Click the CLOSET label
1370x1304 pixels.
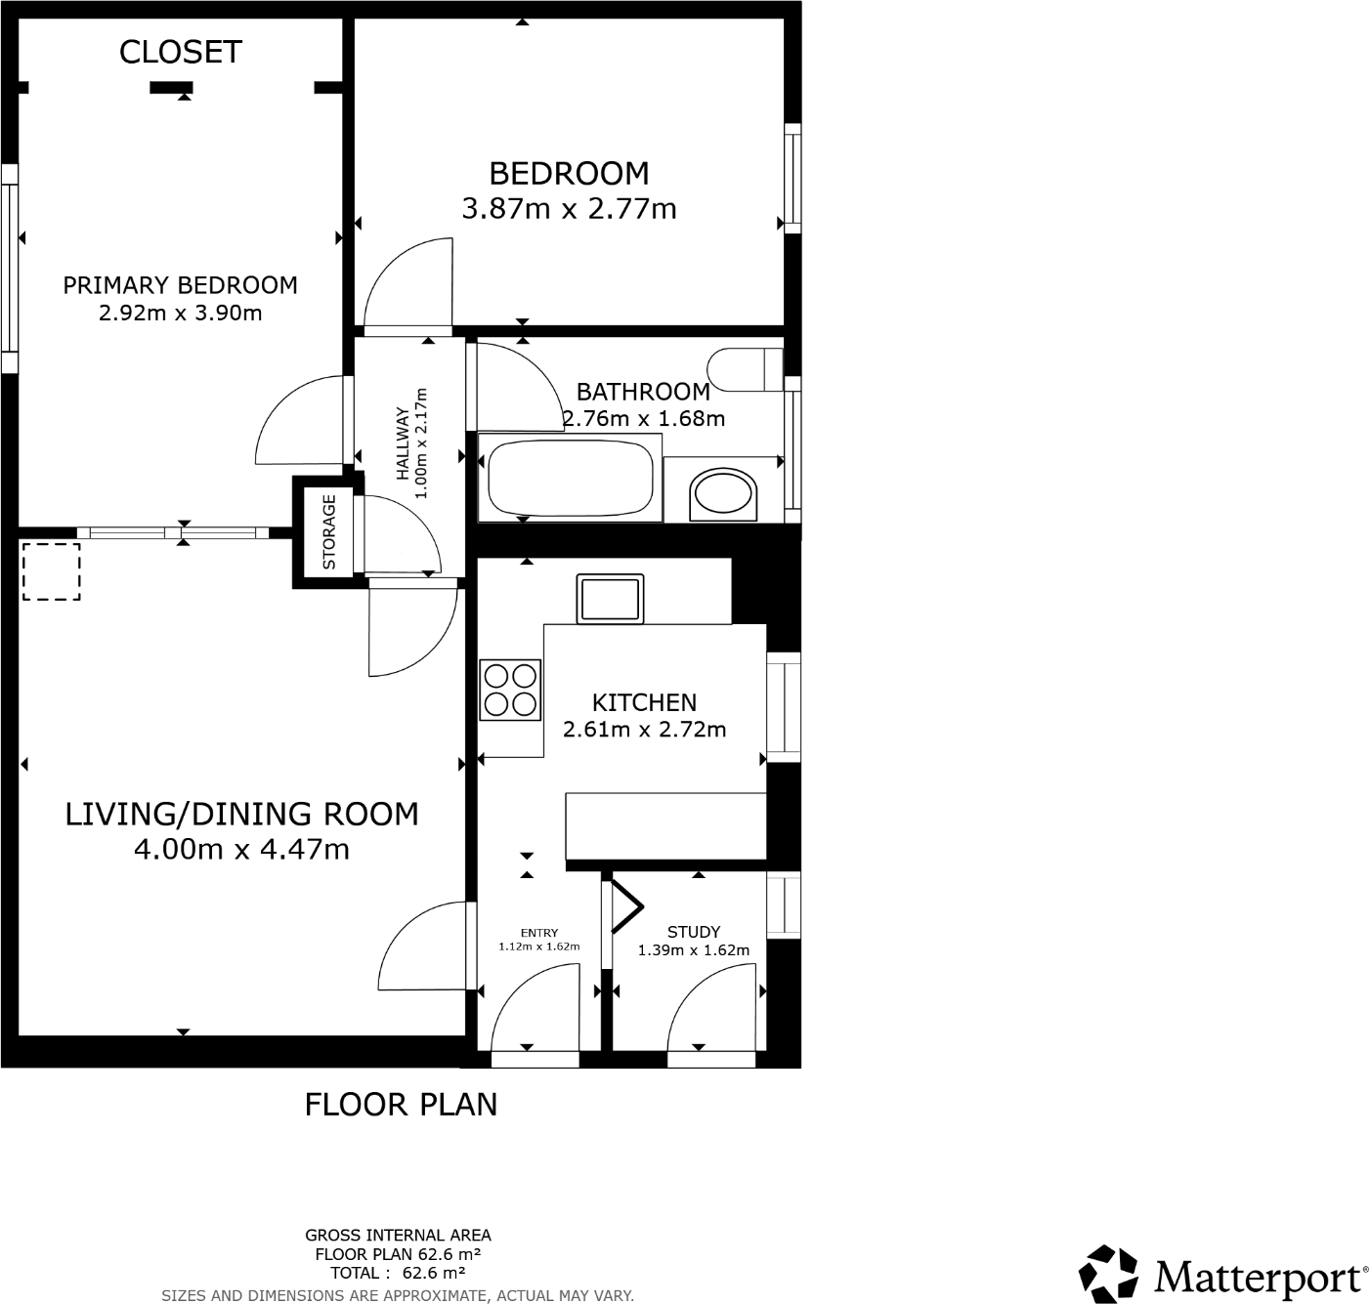(x=180, y=52)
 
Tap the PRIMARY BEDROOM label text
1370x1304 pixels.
(x=180, y=285)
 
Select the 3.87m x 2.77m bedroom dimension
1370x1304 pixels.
(x=569, y=209)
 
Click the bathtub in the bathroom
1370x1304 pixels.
(x=569, y=479)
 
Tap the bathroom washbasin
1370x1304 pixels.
(x=724, y=495)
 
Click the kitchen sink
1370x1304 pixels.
(x=611, y=599)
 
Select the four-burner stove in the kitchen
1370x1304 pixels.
(x=510, y=691)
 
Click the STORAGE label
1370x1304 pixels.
(x=329, y=532)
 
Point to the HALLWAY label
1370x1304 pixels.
(x=402, y=442)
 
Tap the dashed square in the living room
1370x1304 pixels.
(x=51, y=571)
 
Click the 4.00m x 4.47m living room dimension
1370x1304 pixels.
(x=241, y=850)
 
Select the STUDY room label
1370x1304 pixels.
(x=694, y=932)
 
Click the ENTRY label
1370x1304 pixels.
(x=539, y=933)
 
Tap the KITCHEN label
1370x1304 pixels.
(x=644, y=702)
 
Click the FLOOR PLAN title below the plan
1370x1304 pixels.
(x=401, y=1105)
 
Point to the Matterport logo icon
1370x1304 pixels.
(x=1108, y=1274)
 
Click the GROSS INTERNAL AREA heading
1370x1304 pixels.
(x=398, y=1236)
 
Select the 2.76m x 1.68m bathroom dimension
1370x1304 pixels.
(x=644, y=419)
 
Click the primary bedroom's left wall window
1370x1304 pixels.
(x=9, y=269)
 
